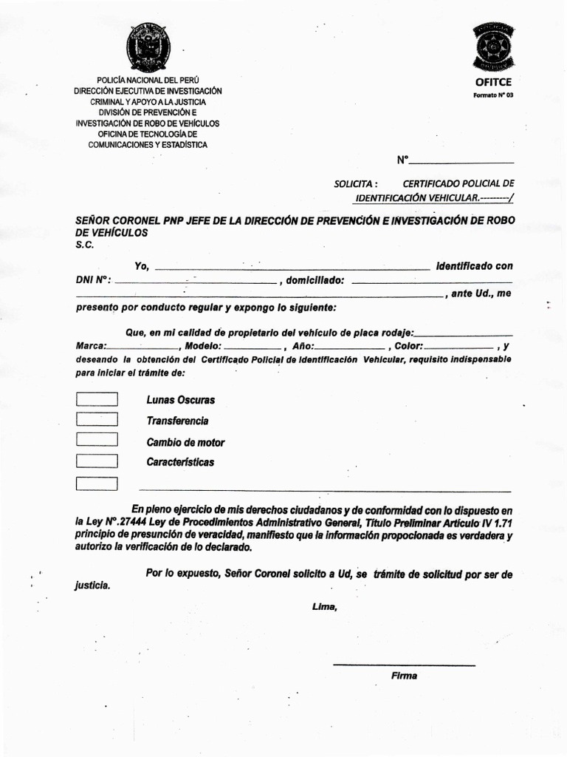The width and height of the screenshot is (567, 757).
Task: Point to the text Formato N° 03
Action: pos(492,95)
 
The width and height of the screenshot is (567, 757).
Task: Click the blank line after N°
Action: pos(461,161)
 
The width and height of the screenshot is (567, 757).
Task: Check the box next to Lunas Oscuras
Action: pos(97,399)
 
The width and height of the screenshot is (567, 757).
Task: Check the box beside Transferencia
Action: pos(97,420)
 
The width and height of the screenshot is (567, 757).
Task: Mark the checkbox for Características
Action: pos(97,462)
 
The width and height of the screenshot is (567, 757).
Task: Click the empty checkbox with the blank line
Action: pos(97,484)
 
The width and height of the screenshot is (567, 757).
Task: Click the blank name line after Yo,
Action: pos(292,268)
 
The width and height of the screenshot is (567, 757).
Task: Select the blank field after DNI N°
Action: pos(196,282)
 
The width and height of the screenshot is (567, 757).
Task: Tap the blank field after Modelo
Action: pos(251,347)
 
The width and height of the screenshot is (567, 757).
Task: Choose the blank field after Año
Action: pos(350,347)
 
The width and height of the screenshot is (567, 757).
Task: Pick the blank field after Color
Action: pos(458,347)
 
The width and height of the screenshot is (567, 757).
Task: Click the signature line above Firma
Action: pos(404,665)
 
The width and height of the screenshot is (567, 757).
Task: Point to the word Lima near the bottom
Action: pos(325,607)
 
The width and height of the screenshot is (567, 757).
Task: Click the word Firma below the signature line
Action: pos(404,676)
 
